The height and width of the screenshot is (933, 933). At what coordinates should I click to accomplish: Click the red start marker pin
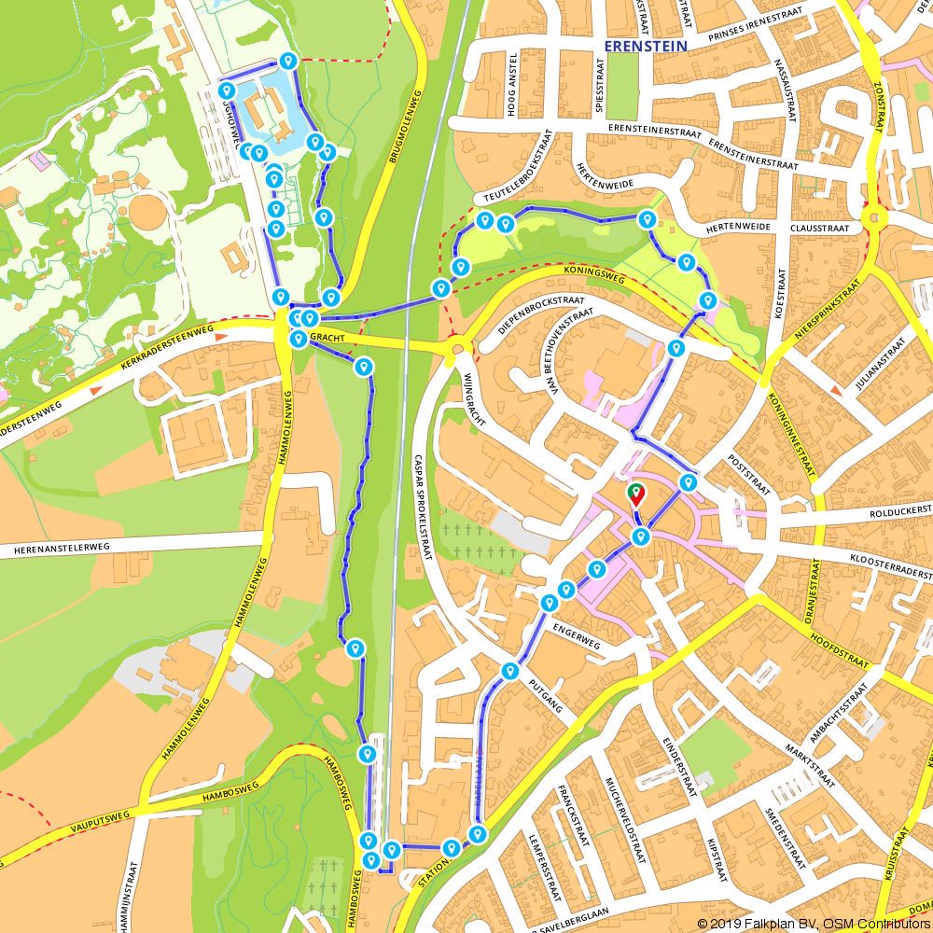[635, 493]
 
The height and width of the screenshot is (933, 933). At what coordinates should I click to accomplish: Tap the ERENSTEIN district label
[646, 45]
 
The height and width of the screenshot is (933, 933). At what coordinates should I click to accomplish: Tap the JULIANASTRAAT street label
[879, 365]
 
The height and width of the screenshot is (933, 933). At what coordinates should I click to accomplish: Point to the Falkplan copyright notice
[813, 924]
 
